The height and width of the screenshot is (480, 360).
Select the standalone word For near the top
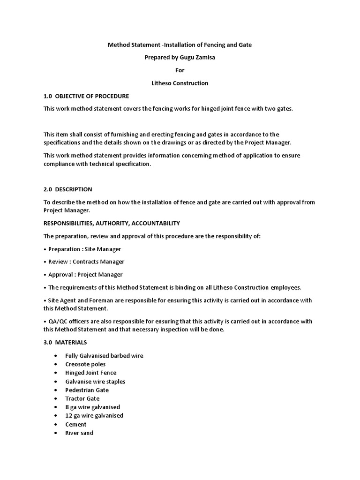click(180, 70)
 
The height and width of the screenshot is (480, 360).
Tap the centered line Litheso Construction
click(180, 83)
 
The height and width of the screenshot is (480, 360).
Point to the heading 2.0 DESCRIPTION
click(67, 189)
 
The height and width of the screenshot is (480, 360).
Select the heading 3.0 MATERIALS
click(65, 343)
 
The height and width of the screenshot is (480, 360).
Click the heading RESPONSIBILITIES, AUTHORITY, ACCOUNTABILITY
click(112, 223)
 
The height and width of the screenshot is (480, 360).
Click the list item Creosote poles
click(85, 364)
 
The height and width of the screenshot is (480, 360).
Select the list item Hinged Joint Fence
click(91, 373)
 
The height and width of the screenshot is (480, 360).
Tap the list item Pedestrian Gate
click(87, 390)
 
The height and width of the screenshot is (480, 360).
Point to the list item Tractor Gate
click(82, 398)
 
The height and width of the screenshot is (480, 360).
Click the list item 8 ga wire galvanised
click(92, 407)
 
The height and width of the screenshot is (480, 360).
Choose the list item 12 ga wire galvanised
click(94, 415)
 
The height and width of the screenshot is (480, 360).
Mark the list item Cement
click(75, 424)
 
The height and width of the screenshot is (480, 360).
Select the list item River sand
click(79, 433)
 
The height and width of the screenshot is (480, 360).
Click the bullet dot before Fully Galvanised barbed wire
click(56, 356)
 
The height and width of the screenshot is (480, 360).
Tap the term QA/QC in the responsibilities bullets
click(57, 322)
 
